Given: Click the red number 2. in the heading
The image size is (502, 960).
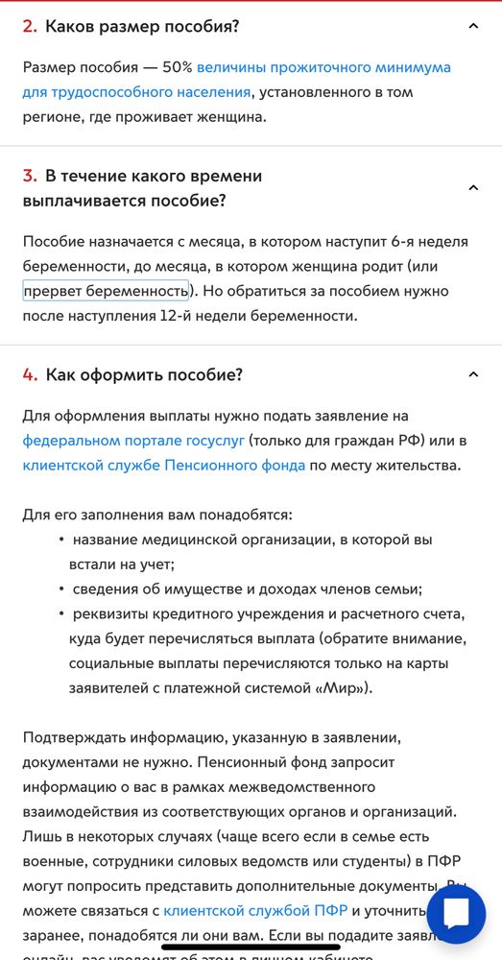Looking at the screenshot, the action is click(30, 27).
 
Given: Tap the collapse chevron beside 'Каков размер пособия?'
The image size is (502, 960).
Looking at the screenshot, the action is click(472, 27).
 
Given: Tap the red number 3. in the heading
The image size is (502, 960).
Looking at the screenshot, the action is click(30, 177).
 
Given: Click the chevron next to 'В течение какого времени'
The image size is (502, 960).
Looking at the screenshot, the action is click(472, 188).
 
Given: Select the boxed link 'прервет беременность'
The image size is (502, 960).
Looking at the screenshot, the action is click(106, 290).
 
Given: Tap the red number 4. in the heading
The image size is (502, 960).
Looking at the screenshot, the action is click(30, 374).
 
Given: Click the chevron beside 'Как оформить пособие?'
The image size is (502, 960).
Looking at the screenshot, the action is click(472, 374).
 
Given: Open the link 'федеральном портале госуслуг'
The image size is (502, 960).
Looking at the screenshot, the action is click(133, 441).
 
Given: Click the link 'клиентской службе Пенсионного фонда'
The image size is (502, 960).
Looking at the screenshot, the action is click(164, 466).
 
